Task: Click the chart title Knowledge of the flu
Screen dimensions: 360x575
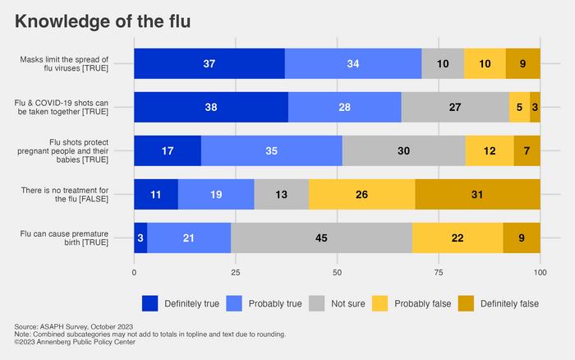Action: pos(103,22)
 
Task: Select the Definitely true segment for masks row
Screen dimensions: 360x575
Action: pos(209,63)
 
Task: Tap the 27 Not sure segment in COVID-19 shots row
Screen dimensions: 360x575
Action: pos(455,107)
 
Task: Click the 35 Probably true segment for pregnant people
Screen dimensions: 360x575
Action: pos(271,150)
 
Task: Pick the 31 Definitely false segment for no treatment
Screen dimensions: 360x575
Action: pos(477,194)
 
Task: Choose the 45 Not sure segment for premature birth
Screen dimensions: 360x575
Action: pos(321,238)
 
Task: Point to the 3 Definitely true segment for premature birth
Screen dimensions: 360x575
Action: pos(140,238)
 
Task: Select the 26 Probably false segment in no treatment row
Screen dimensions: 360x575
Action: pos(361,194)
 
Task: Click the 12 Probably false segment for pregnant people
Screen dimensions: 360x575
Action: pos(490,150)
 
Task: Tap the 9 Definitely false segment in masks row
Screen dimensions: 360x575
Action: pos(522,63)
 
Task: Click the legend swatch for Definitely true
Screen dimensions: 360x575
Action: pos(150,303)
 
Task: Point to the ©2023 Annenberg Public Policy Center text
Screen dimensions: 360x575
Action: pos(74,342)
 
